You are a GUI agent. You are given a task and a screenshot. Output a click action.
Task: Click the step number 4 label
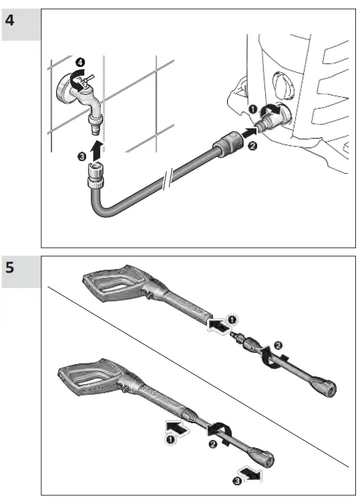(10, 20)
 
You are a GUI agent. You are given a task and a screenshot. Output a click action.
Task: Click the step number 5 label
(10, 267)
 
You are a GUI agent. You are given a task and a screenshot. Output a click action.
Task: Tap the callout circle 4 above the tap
(80, 61)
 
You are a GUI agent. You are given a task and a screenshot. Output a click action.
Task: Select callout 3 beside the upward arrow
(82, 156)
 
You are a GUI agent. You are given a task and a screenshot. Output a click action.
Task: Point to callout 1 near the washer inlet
(252, 109)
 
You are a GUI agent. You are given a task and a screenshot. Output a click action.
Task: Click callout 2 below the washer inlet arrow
(252, 146)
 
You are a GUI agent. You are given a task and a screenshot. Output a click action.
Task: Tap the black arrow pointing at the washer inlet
(249, 133)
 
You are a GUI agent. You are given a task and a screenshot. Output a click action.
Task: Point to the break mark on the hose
(168, 178)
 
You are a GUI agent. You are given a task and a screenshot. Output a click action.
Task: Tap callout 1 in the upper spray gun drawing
(232, 320)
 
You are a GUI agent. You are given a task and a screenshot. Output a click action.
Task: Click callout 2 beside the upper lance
(278, 346)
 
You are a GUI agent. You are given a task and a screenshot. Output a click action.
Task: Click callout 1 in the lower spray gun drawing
(170, 439)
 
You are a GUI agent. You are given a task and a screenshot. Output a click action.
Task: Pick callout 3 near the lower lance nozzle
(237, 481)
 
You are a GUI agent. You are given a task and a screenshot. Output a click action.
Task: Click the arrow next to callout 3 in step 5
(252, 473)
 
